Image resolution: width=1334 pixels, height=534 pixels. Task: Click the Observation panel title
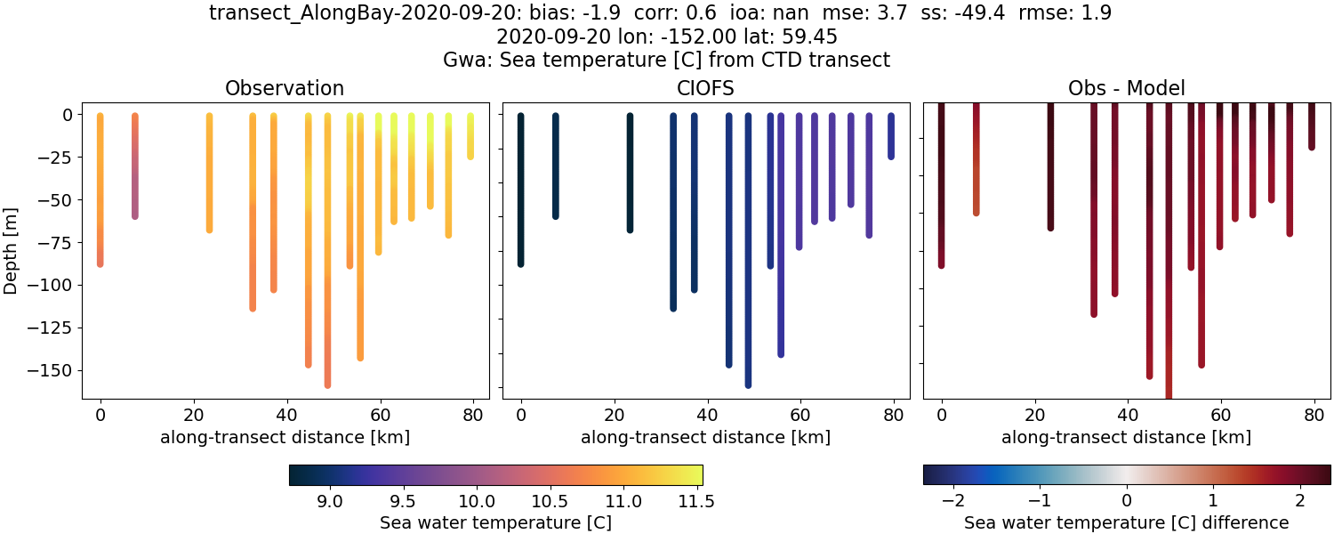tap(285, 88)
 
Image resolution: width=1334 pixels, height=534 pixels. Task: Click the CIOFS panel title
tap(706, 88)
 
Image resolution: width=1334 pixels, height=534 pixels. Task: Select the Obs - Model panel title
tap(1127, 88)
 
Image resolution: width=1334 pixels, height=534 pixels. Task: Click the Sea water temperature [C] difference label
tap(1127, 522)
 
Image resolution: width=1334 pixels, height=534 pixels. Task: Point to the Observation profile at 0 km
tap(100, 187)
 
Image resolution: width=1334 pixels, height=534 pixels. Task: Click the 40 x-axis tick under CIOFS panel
tap(707, 415)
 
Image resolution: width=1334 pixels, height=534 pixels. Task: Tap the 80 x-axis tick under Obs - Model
tap(1314, 415)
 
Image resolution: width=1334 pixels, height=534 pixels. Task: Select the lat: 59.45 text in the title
tap(792, 36)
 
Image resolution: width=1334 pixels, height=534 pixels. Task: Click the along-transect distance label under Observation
tap(285, 437)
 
